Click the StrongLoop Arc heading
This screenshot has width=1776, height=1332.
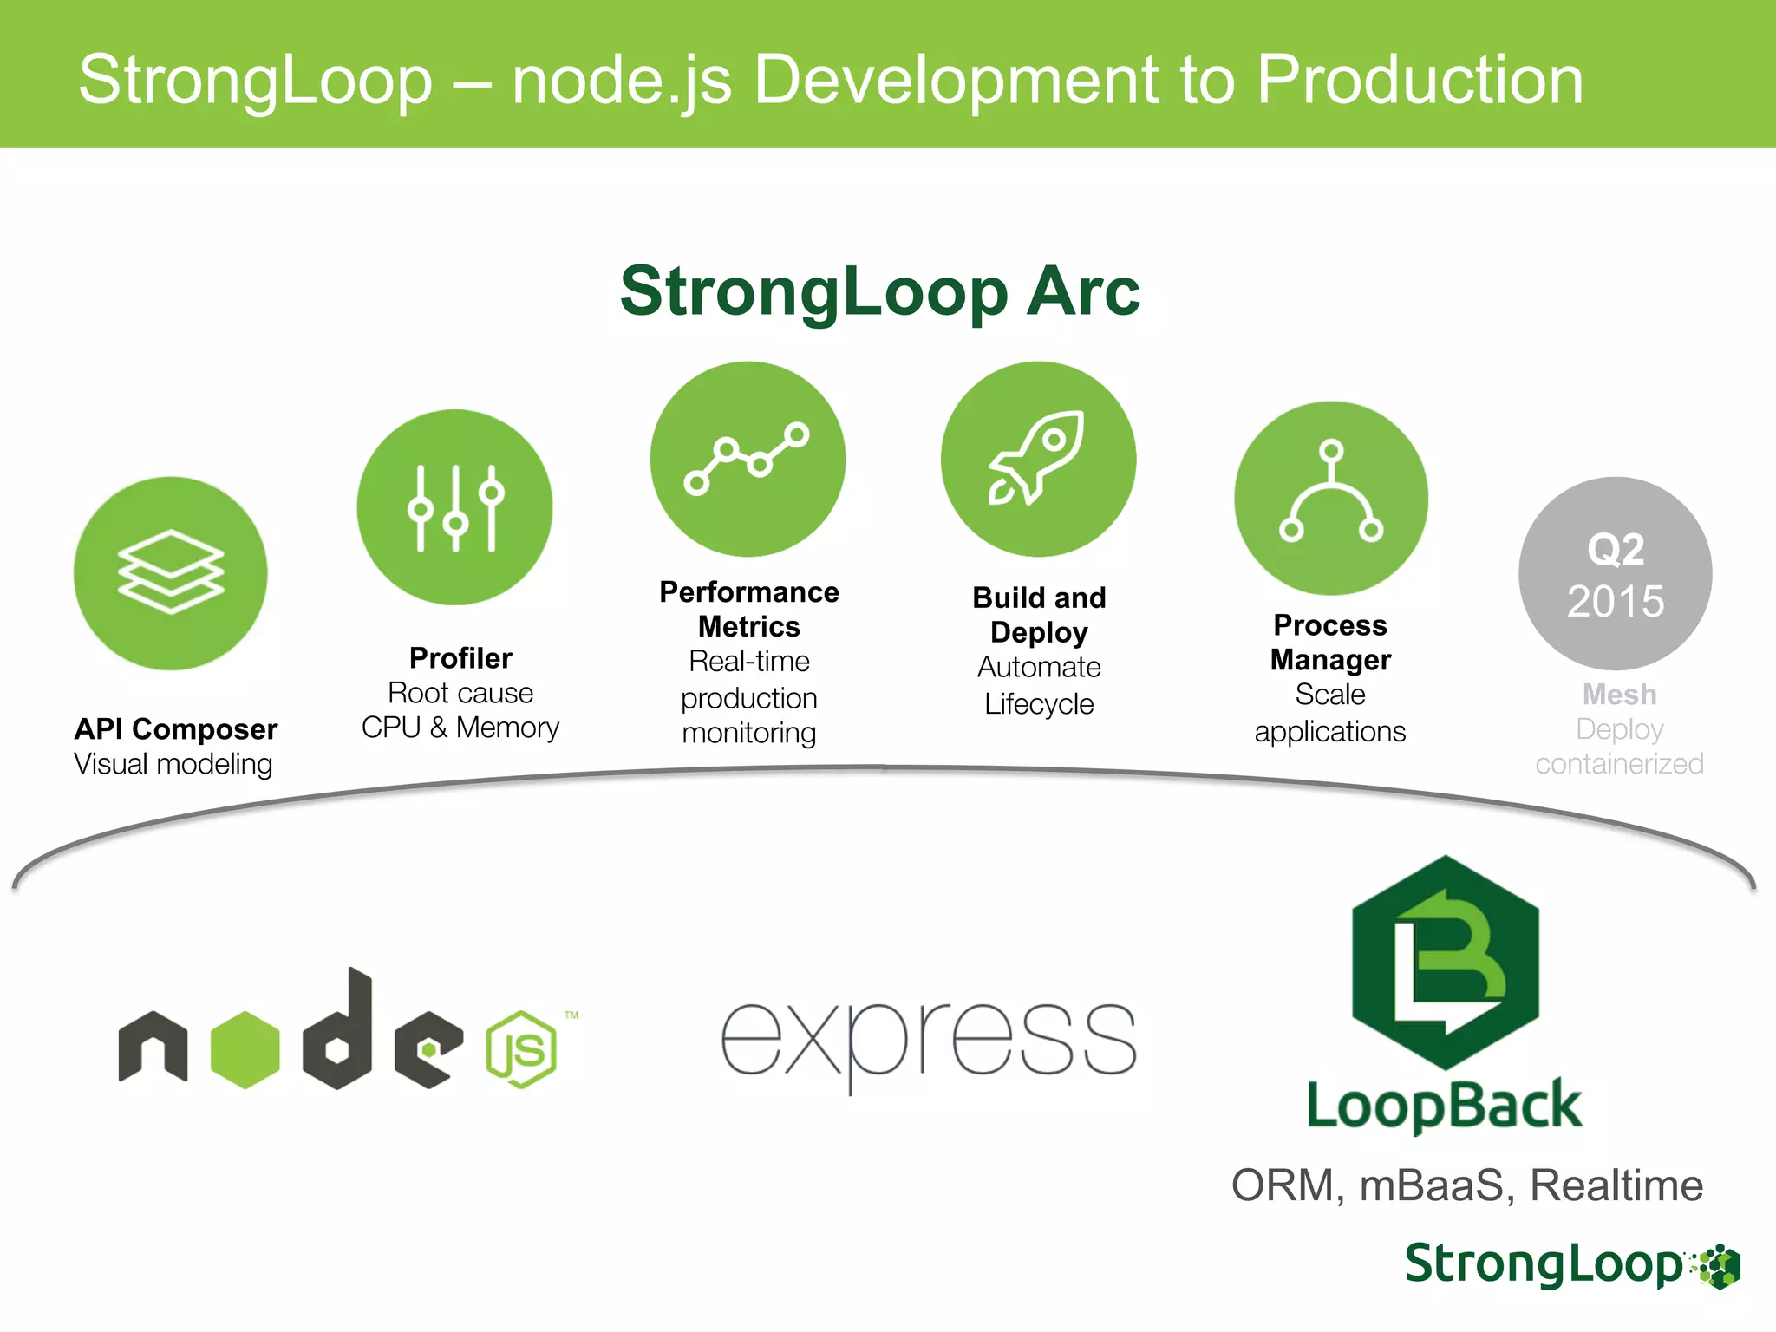879,291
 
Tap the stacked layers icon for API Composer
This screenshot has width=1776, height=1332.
171,572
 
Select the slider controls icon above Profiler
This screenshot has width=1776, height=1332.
455,508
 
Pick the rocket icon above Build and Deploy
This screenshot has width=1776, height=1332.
1038,458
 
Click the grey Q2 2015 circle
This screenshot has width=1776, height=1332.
1615,574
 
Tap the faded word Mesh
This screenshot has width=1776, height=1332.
1619,695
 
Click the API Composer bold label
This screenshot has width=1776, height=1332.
176,729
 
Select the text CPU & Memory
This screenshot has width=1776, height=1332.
460,728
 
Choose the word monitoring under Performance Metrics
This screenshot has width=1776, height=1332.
748,734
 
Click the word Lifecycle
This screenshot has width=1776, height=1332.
1039,703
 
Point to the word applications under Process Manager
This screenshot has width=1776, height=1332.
1329,731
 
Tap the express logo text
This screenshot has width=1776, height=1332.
928,1041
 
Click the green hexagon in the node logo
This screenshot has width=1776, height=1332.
245,1049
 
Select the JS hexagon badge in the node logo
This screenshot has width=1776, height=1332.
521,1049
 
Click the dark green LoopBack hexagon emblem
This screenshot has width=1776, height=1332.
1445,963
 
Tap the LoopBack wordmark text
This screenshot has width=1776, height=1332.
1444,1106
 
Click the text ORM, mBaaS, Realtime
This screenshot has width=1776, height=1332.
1466,1185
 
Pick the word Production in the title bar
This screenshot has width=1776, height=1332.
1420,80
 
